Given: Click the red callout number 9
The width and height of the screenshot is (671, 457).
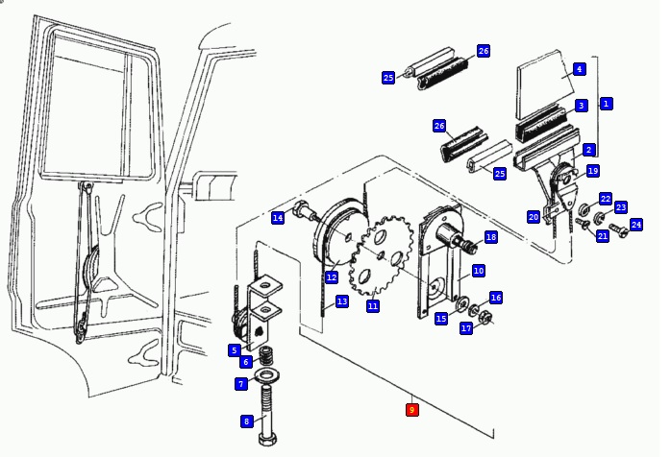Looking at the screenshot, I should pos(412,410).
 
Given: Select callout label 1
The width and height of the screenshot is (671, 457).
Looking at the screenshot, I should pos(606,103).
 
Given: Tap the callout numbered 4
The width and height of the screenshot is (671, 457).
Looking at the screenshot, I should pos(580,69).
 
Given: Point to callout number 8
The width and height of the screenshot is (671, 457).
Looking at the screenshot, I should pos(246,421).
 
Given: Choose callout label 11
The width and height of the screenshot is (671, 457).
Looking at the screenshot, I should pos(372,305).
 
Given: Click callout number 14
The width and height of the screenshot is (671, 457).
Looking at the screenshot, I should pos(278,218).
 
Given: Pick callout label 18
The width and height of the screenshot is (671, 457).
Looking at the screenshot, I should pos(490,237).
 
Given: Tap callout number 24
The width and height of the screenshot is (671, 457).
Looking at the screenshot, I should pos(635,225).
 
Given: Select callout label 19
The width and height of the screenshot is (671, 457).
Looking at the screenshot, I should pos(593,171).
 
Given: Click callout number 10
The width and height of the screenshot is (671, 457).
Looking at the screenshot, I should pos(478,272).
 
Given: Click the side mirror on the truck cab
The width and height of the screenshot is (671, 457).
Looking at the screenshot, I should pos(206,182).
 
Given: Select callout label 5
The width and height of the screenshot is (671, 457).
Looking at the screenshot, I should pos(234,350).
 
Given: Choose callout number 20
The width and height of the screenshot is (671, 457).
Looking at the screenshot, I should pos(534,217).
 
